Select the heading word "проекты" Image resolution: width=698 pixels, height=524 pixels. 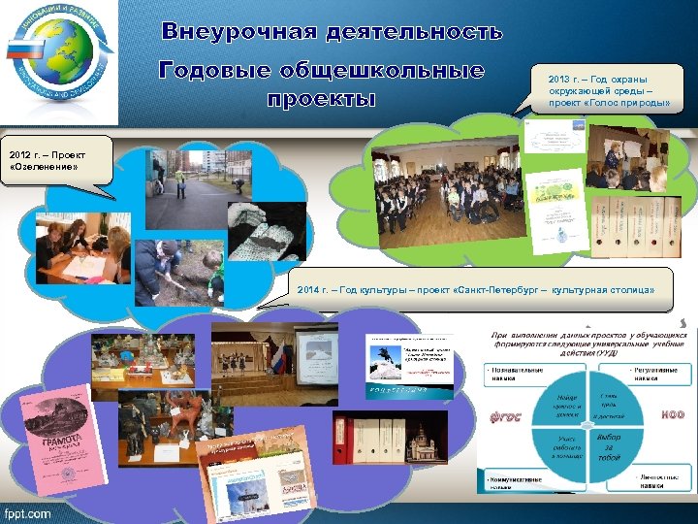click(321, 101)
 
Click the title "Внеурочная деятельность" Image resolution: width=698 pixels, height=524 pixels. click(333, 32)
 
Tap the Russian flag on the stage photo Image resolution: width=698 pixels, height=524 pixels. click(281, 355)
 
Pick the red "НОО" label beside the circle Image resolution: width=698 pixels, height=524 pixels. click(672, 414)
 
